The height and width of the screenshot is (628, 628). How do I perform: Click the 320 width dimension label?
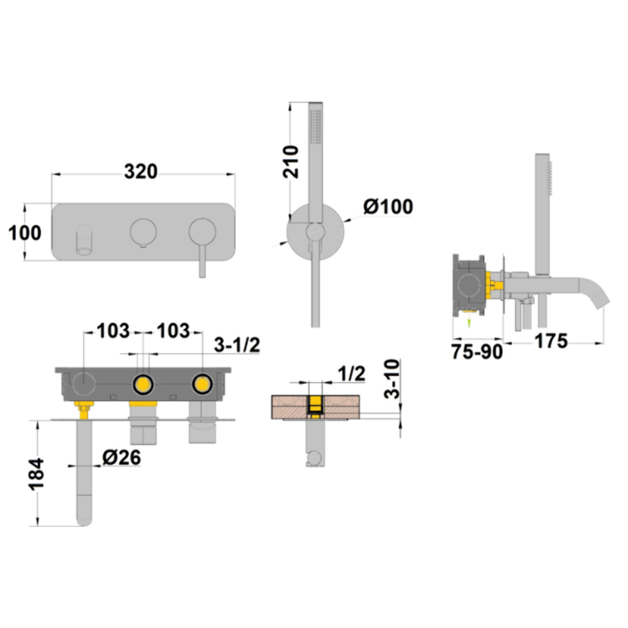coord(141,172)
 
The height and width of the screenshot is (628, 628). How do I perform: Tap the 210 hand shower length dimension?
coord(291,162)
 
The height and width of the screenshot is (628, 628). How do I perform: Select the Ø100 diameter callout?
coord(388,206)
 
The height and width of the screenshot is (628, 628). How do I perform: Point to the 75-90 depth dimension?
coord(477,352)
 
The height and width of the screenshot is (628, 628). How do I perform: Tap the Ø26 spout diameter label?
coord(122,457)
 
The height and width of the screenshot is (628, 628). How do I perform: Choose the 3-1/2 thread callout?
coord(237,345)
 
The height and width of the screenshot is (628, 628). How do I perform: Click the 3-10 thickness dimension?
coord(392,379)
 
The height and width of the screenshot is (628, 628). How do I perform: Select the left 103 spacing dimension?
coord(113,331)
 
